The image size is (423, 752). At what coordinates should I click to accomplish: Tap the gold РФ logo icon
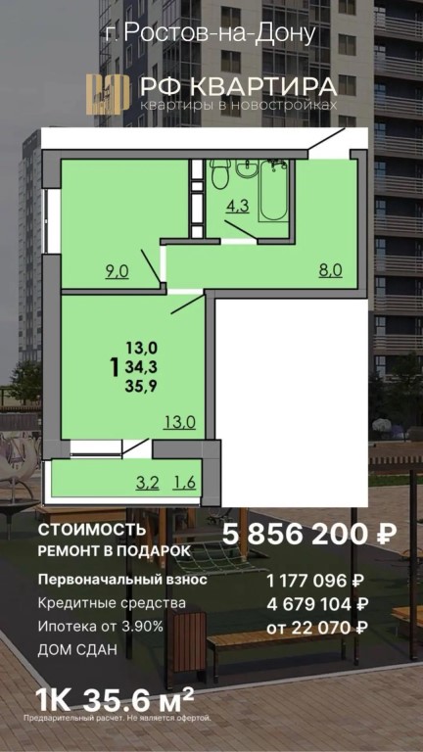pyautogui.click(x=108, y=94)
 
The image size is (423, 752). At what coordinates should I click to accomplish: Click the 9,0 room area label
pyautogui.click(x=117, y=272)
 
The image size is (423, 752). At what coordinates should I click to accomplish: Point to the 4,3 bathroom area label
pyautogui.click(x=237, y=207)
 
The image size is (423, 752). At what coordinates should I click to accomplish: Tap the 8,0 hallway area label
pyautogui.click(x=330, y=271)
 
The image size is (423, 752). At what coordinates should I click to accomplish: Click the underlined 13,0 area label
pyautogui.click(x=180, y=423)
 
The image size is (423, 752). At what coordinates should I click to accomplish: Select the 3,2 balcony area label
pyautogui.click(x=147, y=483)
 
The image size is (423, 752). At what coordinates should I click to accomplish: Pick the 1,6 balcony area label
pyautogui.click(x=184, y=483)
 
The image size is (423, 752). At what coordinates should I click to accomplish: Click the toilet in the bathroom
pyautogui.click(x=220, y=173)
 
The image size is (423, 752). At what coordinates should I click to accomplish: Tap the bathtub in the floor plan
pyautogui.click(x=273, y=190)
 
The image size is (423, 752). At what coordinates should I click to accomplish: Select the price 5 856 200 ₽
pyautogui.click(x=309, y=535)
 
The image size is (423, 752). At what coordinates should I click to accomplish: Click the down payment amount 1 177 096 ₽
pyautogui.click(x=315, y=581)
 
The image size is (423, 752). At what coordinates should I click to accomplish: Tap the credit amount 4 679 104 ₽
pyautogui.click(x=315, y=604)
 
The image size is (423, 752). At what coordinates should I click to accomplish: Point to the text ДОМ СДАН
pyautogui.click(x=77, y=651)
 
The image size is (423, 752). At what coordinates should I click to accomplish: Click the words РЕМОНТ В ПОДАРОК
pyautogui.click(x=115, y=551)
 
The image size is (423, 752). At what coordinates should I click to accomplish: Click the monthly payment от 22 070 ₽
pyautogui.click(x=317, y=627)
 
